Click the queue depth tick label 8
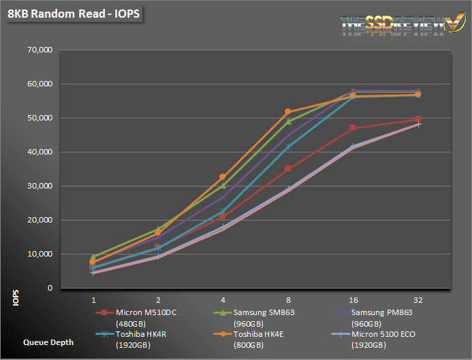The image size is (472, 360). pos(287,299)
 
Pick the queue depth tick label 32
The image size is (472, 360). pos(418,299)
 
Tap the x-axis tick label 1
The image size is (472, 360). pos(93,299)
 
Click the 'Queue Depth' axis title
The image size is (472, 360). pos(48,342)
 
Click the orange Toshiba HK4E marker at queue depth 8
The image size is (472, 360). pos(287,112)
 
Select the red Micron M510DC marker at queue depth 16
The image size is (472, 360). pos(353,128)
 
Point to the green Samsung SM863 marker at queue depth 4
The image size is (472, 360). pos(223,185)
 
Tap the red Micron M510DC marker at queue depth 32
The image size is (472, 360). pos(418,119)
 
